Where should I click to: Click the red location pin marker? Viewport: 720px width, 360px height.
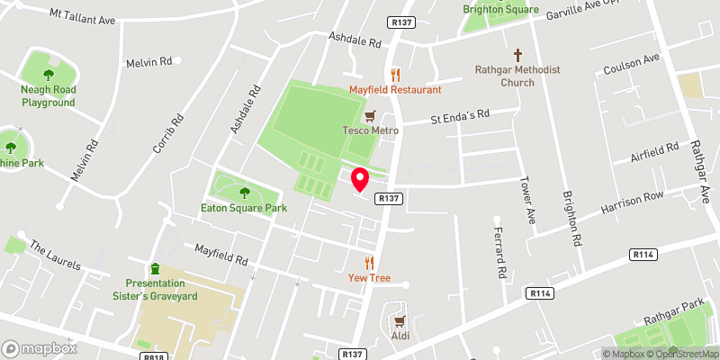click(x=360, y=179)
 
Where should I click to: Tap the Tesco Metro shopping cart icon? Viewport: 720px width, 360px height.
click(x=369, y=115)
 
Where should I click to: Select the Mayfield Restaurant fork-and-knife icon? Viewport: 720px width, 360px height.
click(x=394, y=75)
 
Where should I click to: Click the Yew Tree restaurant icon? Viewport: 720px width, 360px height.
click(x=368, y=263)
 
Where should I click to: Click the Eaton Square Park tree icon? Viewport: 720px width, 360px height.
click(x=244, y=192)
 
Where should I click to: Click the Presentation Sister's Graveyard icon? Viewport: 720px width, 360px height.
click(x=155, y=268)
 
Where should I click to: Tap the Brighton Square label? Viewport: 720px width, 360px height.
click(x=499, y=9)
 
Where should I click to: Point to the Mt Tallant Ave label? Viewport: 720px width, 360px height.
click(x=84, y=17)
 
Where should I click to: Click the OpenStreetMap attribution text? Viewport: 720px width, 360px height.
click(x=679, y=353)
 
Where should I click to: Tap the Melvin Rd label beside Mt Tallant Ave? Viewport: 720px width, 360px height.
click(x=148, y=61)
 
